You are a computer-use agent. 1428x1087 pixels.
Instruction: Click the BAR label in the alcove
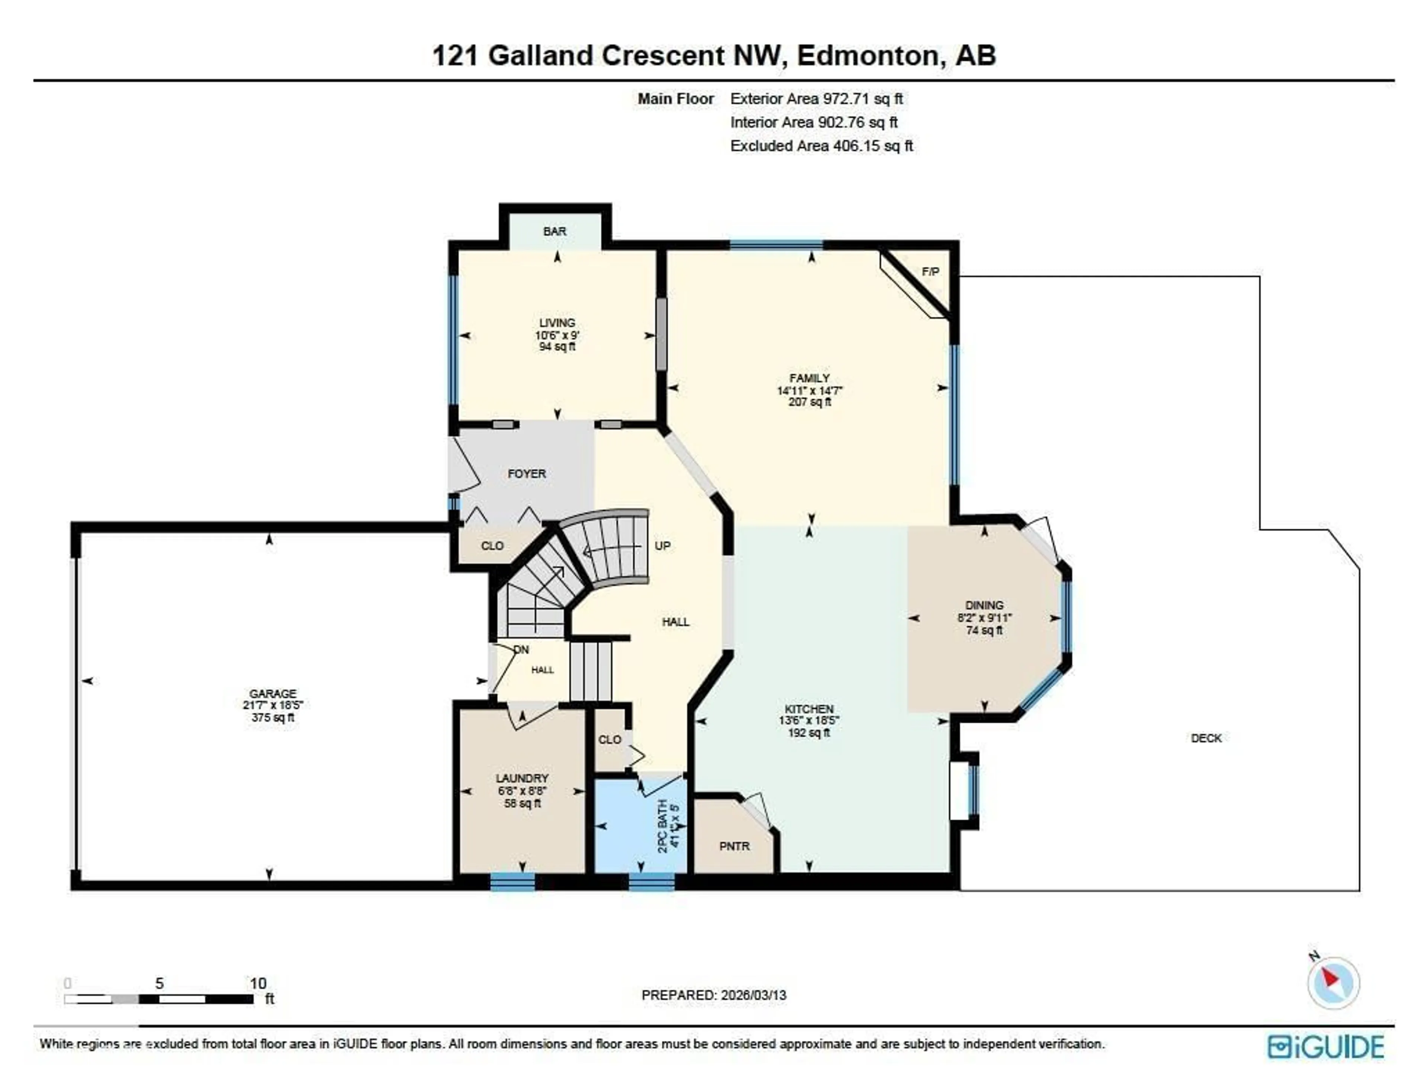(x=555, y=231)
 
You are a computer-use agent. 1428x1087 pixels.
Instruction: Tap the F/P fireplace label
(x=930, y=272)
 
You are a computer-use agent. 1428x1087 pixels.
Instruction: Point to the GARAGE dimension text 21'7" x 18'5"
(x=273, y=705)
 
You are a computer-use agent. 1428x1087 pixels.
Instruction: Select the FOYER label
(x=526, y=474)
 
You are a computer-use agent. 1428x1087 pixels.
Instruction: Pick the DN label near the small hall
(x=521, y=649)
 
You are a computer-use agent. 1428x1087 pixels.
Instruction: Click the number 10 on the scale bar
(x=258, y=984)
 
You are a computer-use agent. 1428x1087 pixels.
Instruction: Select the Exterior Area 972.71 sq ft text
(x=816, y=99)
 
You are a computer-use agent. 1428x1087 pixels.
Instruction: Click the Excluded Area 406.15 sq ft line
(x=821, y=146)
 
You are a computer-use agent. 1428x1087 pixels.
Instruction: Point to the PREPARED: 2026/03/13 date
(x=713, y=995)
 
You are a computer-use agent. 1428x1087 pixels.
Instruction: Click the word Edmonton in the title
(x=868, y=56)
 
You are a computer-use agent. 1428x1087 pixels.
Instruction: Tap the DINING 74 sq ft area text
(x=984, y=630)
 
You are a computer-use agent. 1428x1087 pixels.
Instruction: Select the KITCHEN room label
(x=808, y=709)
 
